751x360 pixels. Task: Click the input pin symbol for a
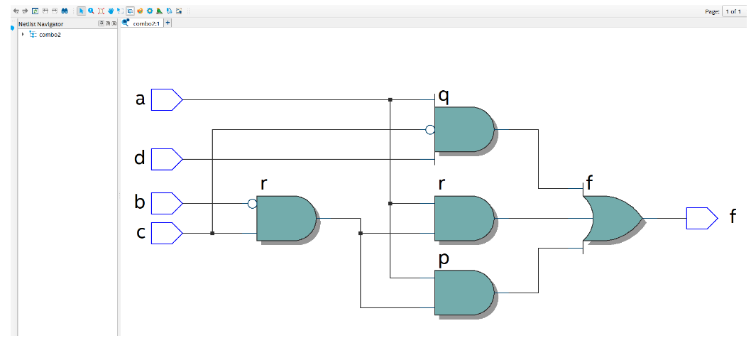[167, 100]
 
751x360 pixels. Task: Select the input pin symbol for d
[167, 159]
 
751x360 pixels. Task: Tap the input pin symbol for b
[167, 203]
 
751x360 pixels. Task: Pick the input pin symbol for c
[167, 233]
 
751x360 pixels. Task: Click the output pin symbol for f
[701, 219]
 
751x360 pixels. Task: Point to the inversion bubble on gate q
[429, 130]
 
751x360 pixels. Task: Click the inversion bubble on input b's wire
[252, 204]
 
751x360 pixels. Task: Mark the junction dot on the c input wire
[212, 233]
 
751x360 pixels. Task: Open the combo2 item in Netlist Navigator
[50, 34]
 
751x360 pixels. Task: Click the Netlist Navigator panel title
[40, 24]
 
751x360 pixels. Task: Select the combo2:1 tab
[146, 23]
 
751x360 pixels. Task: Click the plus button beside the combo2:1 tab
[168, 23]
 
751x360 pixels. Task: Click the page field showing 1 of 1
[733, 11]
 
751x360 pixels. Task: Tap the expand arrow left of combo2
[23, 34]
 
